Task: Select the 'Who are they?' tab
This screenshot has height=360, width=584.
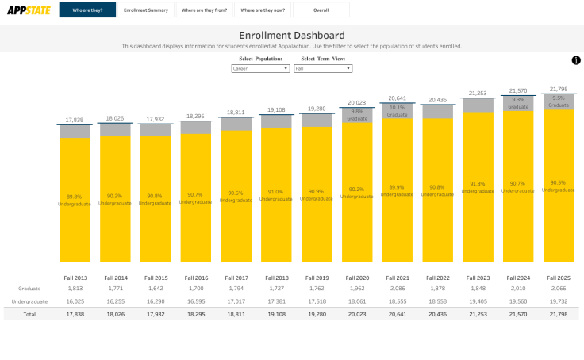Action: pyautogui.click(x=87, y=10)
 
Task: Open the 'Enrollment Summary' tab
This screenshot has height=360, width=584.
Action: pyautogui.click(x=146, y=10)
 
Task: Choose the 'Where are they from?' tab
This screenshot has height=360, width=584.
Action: pyautogui.click(x=204, y=10)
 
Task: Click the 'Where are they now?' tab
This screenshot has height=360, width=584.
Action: pyautogui.click(x=263, y=10)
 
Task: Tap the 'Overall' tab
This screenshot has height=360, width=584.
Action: pyautogui.click(x=321, y=10)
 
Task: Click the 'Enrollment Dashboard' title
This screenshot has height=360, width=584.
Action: pyautogui.click(x=292, y=36)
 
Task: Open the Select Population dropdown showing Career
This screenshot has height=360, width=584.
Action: pyautogui.click(x=260, y=69)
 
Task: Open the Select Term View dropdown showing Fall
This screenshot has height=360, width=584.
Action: pyautogui.click(x=323, y=69)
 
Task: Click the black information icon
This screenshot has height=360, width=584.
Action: pyautogui.click(x=576, y=61)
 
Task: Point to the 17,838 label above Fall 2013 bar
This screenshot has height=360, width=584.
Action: pyautogui.click(x=75, y=120)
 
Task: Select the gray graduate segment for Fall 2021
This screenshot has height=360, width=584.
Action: pyautogui.click(x=398, y=111)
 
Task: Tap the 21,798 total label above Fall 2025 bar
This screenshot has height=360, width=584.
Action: pyautogui.click(x=559, y=89)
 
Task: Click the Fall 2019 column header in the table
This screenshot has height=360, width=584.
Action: pyautogui.click(x=317, y=278)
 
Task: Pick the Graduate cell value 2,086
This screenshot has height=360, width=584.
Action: pyautogui.click(x=398, y=289)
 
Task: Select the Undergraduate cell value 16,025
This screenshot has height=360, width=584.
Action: pyautogui.click(x=75, y=301)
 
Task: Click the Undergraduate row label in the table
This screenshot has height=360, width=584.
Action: pyautogui.click(x=29, y=301)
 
